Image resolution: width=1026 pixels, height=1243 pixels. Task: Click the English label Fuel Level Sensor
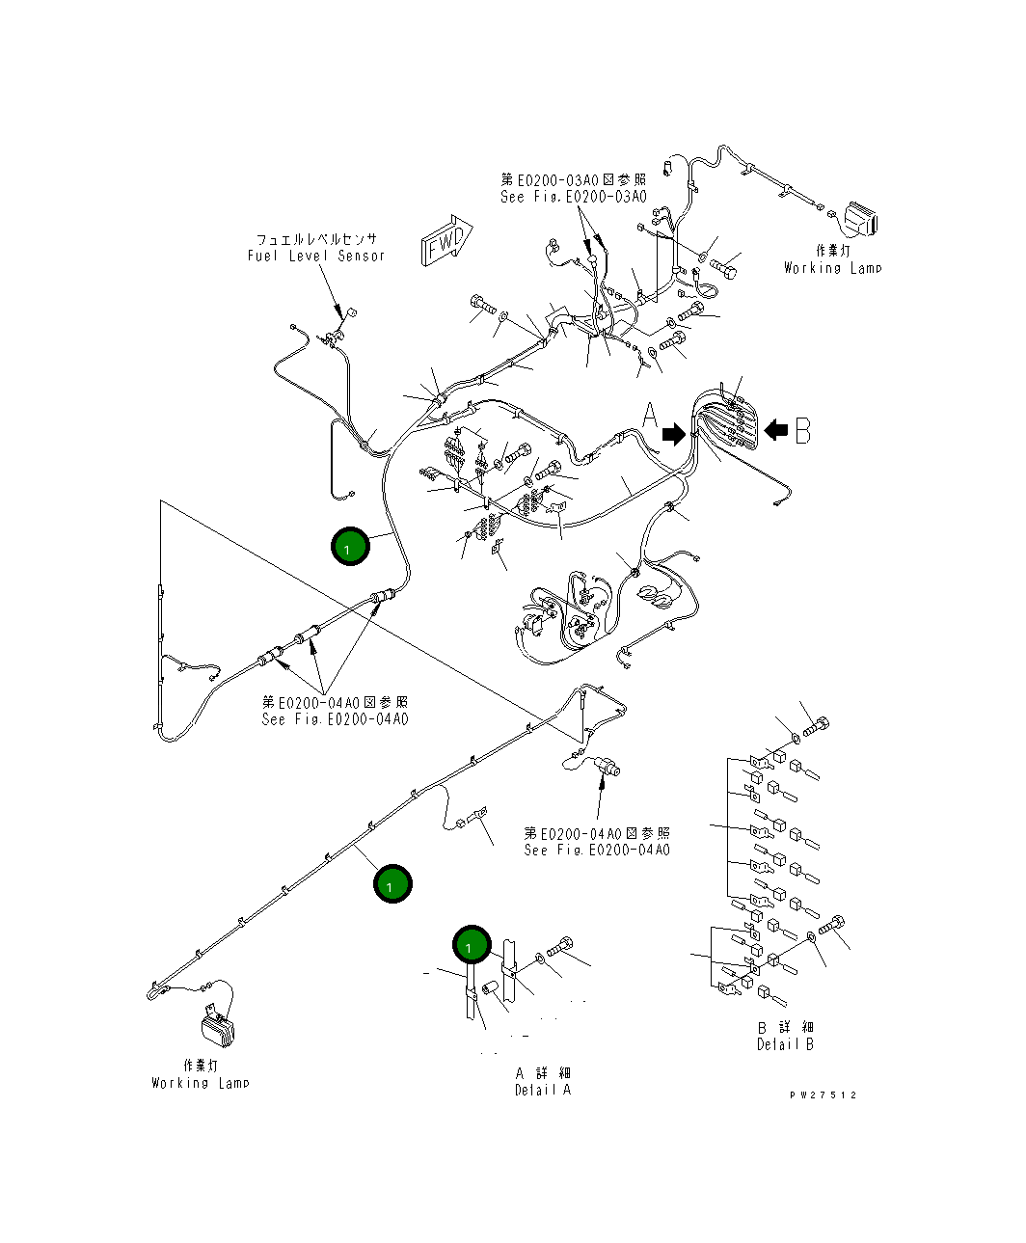click(315, 256)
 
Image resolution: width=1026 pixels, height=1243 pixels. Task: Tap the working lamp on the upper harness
click(860, 220)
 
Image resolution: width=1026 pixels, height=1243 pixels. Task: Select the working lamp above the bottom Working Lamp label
click(220, 1028)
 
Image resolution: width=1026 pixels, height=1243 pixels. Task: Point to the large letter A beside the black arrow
click(651, 418)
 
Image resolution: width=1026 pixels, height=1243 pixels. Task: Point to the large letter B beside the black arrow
click(802, 432)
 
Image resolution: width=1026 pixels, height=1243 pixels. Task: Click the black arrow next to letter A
click(674, 435)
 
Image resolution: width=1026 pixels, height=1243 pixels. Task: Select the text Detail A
click(542, 1091)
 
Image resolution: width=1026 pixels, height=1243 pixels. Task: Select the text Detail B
click(785, 1044)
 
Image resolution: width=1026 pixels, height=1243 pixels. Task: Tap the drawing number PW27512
click(822, 1094)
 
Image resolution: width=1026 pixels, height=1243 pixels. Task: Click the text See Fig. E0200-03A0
click(573, 197)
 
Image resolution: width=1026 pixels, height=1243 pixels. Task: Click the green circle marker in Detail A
click(472, 947)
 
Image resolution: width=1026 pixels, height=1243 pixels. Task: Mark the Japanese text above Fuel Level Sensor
click(316, 239)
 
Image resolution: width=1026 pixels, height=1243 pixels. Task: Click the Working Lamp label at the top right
click(832, 268)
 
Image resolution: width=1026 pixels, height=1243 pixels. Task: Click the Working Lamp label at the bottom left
click(200, 1083)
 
